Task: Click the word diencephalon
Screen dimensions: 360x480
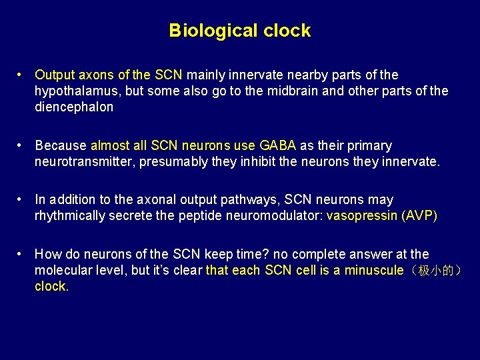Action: coord(74,107)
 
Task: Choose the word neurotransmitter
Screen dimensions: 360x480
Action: coord(85,161)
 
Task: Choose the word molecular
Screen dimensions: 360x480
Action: coord(63,270)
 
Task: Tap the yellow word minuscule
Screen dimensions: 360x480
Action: coord(373,270)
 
